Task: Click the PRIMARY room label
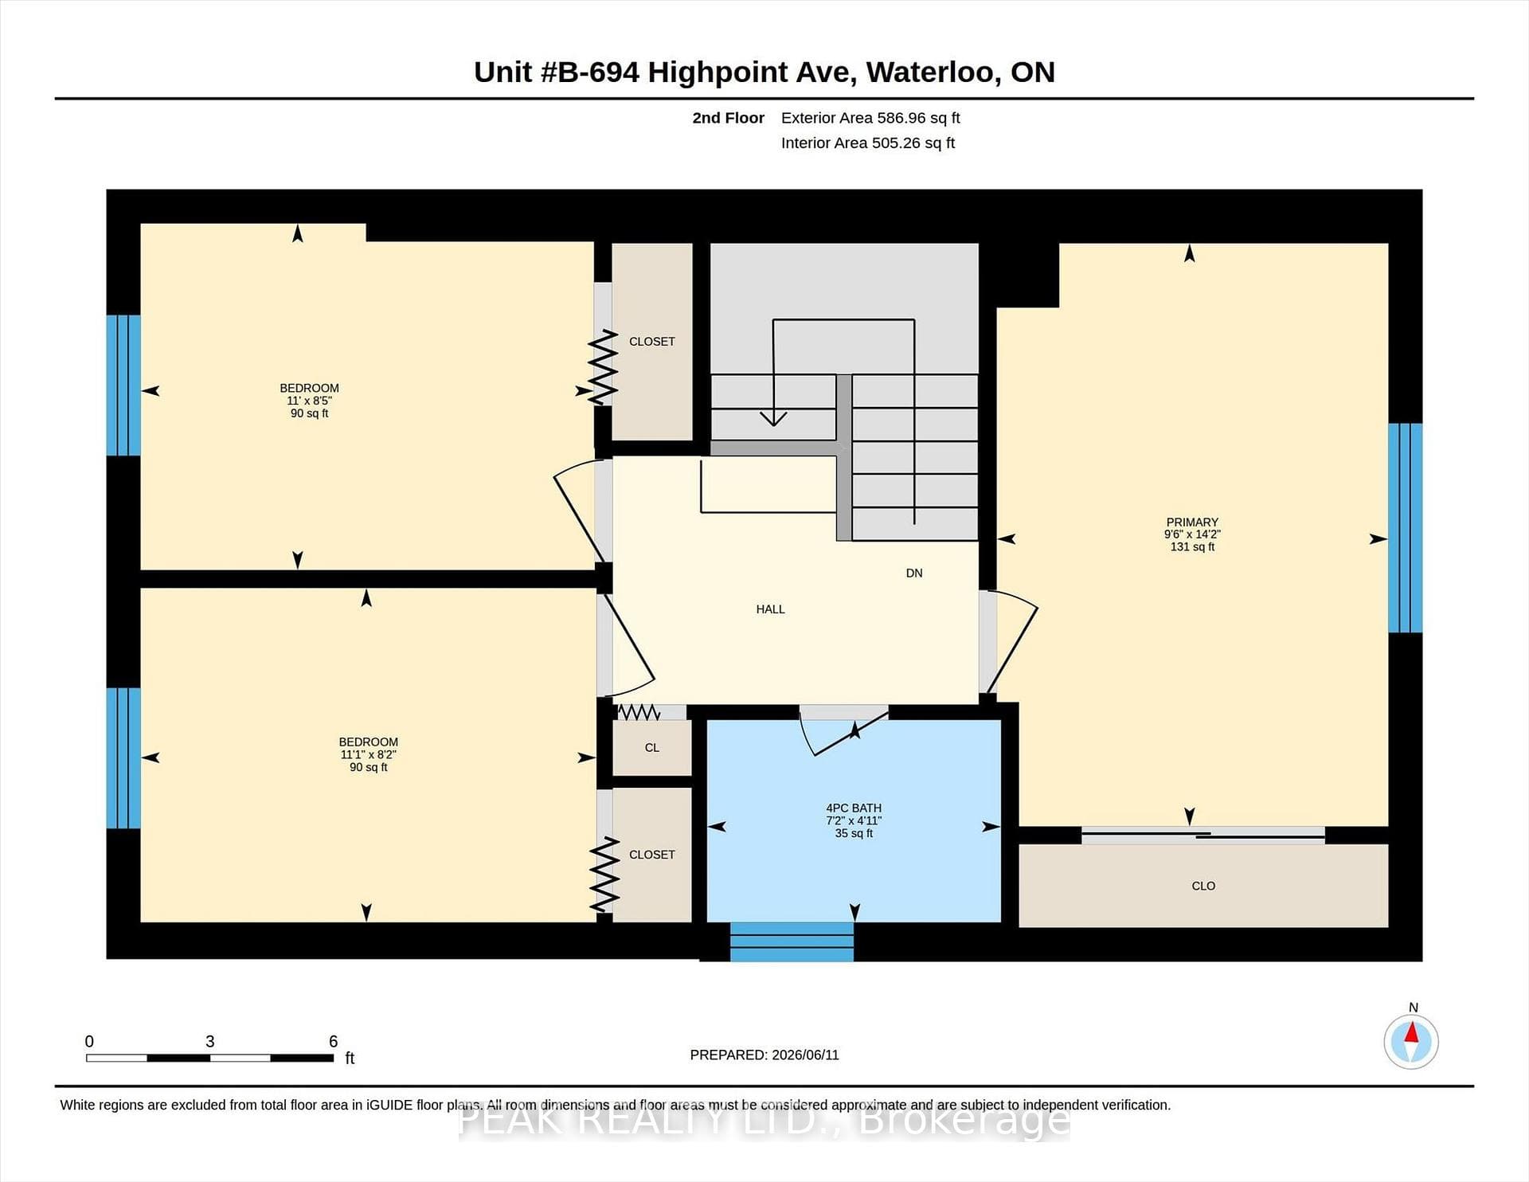(1192, 523)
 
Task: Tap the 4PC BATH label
(854, 808)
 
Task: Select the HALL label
(770, 609)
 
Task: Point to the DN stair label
(914, 573)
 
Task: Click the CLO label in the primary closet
(1203, 886)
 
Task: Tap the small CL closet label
(652, 748)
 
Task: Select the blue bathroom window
(792, 941)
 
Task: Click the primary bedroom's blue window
(1406, 527)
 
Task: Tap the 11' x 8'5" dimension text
(309, 401)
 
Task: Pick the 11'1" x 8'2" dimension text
(368, 754)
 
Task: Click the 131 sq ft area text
(1192, 547)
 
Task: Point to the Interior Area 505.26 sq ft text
(868, 143)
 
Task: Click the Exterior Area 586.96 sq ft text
(870, 118)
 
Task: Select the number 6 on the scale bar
(333, 1041)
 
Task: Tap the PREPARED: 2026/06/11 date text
(764, 1055)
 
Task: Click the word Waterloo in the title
(931, 72)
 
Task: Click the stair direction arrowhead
(773, 418)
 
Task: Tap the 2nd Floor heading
(728, 118)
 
